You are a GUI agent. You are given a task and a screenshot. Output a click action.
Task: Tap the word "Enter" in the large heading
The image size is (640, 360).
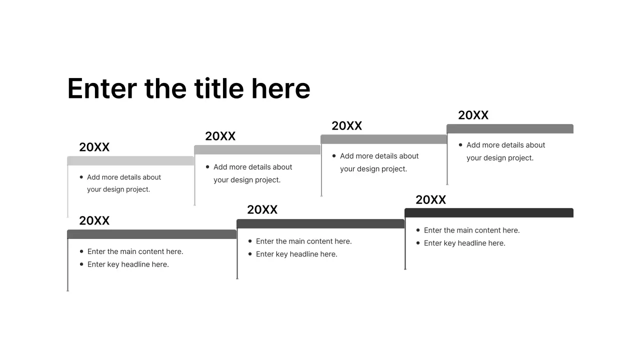click(x=102, y=88)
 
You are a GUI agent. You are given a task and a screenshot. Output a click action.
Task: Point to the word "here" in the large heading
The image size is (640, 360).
click(x=280, y=88)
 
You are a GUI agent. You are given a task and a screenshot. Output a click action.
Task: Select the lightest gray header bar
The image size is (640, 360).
click(x=130, y=160)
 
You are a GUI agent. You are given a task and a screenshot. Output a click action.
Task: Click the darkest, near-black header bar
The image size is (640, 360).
click(x=488, y=213)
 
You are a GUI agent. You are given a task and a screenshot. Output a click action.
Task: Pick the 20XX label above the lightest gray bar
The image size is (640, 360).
click(x=94, y=147)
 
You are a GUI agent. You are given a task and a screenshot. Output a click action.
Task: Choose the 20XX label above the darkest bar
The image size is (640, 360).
click(x=430, y=200)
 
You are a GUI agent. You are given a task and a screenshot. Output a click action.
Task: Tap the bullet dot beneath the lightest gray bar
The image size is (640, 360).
click(x=81, y=177)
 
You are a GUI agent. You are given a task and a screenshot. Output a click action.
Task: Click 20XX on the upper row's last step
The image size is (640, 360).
click(x=473, y=115)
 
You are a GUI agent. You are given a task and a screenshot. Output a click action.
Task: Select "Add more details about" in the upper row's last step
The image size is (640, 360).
click(x=505, y=145)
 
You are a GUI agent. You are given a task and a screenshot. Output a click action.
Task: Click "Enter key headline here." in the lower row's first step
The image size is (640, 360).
click(x=128, y=264)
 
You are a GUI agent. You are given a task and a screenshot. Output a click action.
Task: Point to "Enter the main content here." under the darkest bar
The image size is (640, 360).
click(x=471, y=230)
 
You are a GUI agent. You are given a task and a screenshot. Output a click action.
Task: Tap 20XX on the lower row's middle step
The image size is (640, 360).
click(x=262, y=209)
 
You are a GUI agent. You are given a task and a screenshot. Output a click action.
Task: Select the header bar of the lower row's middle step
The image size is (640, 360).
click(x=320, y=223)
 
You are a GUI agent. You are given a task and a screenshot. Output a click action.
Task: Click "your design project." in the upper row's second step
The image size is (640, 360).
click(x=247, y=180)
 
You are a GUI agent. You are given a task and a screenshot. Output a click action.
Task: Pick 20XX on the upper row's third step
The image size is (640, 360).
click(x=346, y=126)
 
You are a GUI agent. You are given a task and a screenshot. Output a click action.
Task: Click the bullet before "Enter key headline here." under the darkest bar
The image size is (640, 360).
click(x=418, y=243)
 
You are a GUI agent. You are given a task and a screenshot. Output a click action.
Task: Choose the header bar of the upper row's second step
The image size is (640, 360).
click(x=257, y=150)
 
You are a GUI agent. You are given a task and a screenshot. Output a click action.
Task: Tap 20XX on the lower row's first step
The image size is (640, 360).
click(x=94, y=220)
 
